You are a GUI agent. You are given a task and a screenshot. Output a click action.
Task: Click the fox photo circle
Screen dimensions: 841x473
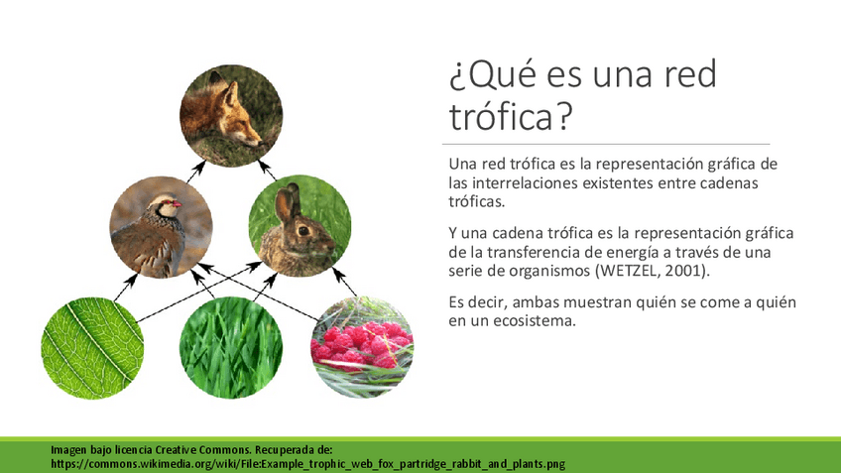coord(231,116)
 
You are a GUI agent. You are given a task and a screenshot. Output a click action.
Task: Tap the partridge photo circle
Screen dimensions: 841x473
coord(161,227)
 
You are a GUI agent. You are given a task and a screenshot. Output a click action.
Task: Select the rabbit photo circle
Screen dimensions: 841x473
coord(300,226)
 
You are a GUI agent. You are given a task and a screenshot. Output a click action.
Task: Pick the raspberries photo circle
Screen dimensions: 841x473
coord(362,347)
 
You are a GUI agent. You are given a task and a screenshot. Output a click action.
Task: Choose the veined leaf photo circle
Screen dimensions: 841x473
coord(92,348)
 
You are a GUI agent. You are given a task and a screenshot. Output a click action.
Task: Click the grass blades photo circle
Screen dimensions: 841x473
coord(231,347)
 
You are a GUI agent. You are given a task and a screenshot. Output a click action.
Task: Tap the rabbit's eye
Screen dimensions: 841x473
coord(303,231)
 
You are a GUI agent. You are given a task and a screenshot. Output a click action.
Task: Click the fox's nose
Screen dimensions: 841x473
coord(259,143)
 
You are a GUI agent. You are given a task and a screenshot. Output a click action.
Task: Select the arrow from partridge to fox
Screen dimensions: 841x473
coord(195,172)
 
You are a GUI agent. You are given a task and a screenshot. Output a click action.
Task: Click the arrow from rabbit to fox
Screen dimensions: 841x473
coord(267,170)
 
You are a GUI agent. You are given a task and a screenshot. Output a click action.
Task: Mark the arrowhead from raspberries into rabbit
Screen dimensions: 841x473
coord(337,274)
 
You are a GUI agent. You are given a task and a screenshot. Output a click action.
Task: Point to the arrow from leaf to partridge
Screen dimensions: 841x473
coord(126,288)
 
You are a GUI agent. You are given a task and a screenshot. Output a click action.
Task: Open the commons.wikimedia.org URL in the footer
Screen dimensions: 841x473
coord(307,464)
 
